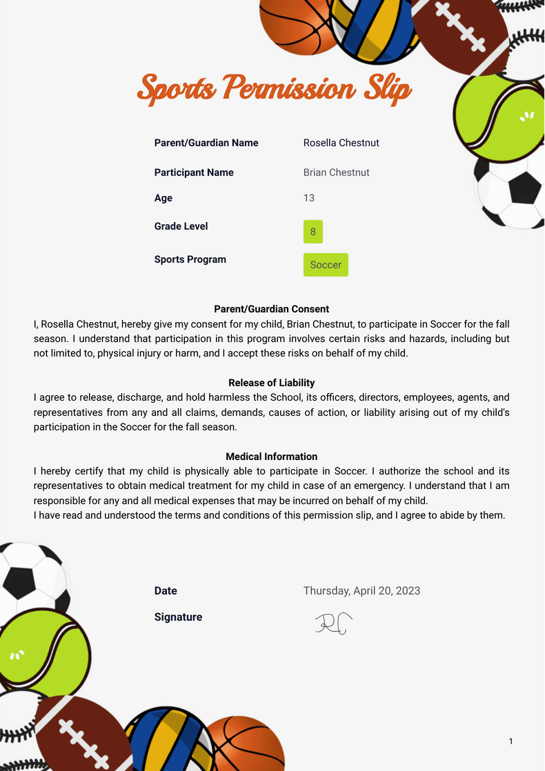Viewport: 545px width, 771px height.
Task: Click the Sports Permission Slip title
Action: (275, 89)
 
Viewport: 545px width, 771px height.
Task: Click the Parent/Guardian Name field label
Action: (206, 143)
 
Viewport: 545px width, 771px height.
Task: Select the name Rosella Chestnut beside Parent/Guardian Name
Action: (341, 143)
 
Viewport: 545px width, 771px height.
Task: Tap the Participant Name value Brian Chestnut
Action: (336, 172)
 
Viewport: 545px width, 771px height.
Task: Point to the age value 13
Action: (308, 198)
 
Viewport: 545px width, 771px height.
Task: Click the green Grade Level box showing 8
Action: (313, 232)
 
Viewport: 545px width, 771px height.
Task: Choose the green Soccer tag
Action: (326, 265)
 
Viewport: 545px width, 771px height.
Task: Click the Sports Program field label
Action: (190, 259)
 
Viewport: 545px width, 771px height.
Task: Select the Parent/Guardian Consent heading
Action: (272, 309)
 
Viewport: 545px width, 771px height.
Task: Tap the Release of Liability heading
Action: (272, 383)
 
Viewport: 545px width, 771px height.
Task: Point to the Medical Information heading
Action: (272, 457)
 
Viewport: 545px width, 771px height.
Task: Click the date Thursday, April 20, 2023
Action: (361, 590)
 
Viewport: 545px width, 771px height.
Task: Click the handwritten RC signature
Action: (334, 623)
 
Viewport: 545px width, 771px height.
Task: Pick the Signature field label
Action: (178, 617)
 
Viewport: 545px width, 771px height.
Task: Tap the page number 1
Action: (511, 741)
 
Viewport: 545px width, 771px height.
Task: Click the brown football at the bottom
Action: (83, 734)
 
